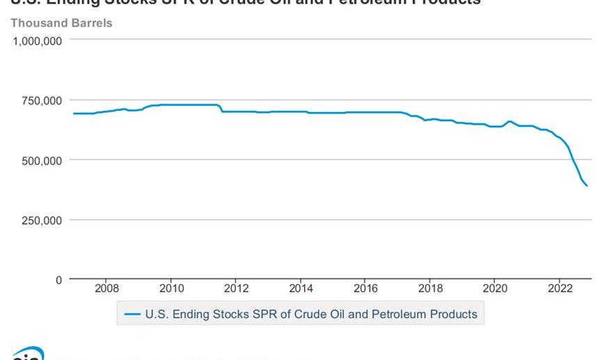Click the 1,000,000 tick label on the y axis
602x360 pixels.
point(38,40)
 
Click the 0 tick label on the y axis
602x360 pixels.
point(58,280)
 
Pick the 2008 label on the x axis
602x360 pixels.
point(106,288)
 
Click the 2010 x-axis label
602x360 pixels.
point(171,288)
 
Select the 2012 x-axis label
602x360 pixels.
point(236,288)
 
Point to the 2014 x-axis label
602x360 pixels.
point(301,288)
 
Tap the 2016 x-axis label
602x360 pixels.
point(365,288)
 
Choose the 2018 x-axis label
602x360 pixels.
point(430,288)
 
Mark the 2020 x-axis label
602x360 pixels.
point(495,288)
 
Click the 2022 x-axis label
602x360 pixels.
point(560,288)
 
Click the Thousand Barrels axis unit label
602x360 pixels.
point(61,23)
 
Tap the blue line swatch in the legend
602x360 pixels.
point(132,315)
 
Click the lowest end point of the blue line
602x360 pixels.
point(587,186)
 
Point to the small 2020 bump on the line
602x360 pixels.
point(509,122)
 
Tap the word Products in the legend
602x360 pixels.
point(453,315)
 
